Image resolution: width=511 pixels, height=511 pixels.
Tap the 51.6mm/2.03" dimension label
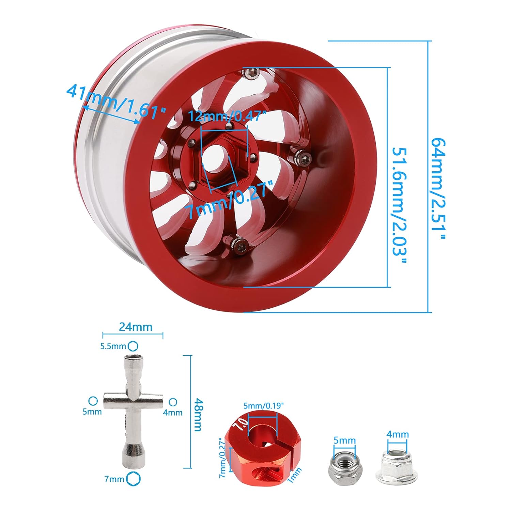point(399,206)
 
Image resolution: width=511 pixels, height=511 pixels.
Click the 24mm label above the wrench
point(136,327)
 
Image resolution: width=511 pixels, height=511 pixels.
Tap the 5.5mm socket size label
point(113,346)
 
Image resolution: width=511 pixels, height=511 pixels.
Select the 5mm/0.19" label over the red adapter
point(264,406)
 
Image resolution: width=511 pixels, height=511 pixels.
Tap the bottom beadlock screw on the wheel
point(239,243)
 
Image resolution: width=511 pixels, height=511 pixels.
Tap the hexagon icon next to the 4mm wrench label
point(173,402)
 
